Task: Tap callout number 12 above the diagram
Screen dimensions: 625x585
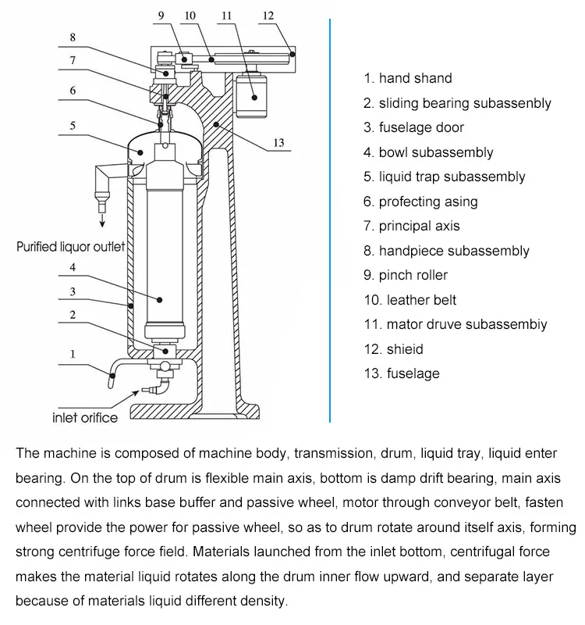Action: (268, 16)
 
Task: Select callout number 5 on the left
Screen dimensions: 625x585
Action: (72, 124)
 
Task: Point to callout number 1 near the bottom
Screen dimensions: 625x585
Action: (72, 354)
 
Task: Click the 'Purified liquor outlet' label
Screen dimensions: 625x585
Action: (71, 247)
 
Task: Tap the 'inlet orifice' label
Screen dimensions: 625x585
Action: (85, 417)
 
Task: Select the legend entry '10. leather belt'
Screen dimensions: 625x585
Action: (409, 300)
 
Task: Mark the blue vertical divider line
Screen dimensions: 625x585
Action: (331, 219)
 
